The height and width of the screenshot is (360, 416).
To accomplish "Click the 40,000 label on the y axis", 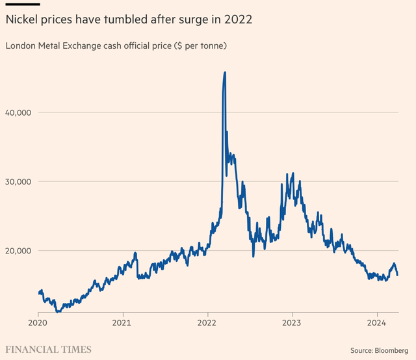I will [21, 112].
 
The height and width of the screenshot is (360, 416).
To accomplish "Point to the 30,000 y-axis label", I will [21, 181].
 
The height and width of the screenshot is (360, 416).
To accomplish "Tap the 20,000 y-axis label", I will [21, 251].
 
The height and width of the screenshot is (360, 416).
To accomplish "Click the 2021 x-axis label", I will [123, 322].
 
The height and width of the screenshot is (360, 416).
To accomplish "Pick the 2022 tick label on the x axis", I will [207, 322].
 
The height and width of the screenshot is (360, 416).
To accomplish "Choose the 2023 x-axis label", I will [292, 322].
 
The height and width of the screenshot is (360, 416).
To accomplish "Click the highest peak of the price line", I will [225, 72].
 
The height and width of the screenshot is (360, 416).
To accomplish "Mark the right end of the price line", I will [397, 275].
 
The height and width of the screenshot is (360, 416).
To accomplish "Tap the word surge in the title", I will [194, 21].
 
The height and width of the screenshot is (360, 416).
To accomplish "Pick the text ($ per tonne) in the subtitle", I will [194, 45].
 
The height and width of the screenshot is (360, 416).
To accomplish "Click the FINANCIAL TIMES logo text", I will [48, 349].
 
